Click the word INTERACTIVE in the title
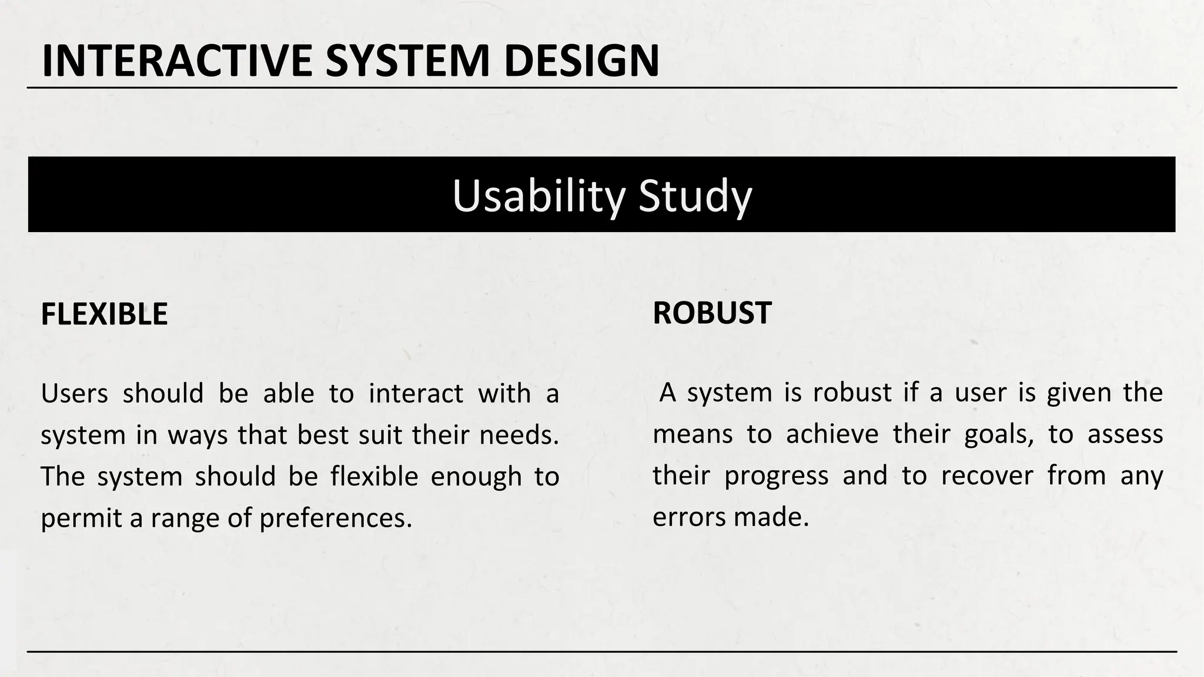click(176, 61)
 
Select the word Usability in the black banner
click(537, 196)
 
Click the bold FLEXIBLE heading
click(104, 314)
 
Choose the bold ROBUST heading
click(712, 313)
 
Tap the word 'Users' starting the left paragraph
click(74, 393)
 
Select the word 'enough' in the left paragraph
click(476, 477)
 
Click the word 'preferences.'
click(336, 518)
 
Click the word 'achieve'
click(832, 434)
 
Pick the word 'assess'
click(1125, 434)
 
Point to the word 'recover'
click(986, 475)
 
